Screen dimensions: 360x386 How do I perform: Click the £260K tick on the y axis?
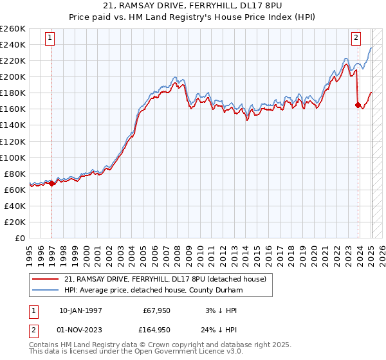tap(13, 29)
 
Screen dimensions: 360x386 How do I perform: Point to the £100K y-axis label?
tap(13, 157)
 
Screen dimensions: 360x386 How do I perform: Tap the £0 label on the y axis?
tap(20, 238)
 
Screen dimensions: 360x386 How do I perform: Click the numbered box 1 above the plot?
tap(51, 38)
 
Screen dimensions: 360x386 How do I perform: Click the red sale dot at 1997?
tap(52, 183)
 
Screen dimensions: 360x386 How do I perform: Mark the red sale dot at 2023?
tap(358, 105)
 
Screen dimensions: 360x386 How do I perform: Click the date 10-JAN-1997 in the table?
tap(80, 310)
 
